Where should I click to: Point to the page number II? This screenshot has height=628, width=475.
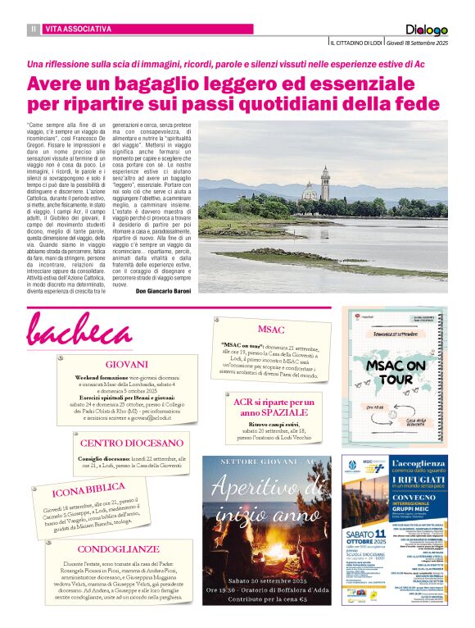34,29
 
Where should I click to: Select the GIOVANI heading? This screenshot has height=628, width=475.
127,363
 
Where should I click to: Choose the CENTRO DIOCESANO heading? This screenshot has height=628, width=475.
131,443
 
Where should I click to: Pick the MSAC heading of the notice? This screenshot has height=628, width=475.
271,329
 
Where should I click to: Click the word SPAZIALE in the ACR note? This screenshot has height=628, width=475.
272,413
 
